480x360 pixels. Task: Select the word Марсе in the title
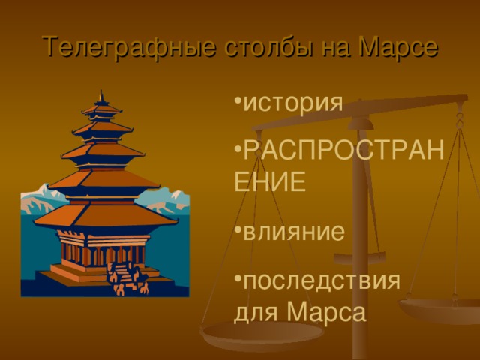point(395,47)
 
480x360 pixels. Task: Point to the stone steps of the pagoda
point(123,277)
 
